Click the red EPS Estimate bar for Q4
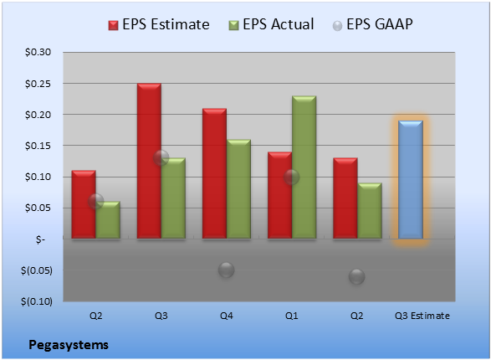click(x=214, y=173)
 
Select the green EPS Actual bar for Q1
click(x=304, y=167)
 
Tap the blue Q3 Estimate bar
click(x=411, y=179)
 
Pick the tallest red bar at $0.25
click(x=149, y=161)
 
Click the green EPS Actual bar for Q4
click(x=238, y=189)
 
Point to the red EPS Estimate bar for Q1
click(x=279, y=195)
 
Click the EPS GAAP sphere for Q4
click(x=226, y=270)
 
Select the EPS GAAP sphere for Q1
click(x=292, y=177)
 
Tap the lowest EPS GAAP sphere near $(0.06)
click(x=356, y=276)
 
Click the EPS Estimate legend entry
click(x=159, y=24)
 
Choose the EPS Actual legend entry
click(x=271, y=24)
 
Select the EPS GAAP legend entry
click(x=372, y=24)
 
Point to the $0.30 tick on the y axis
click(x=38, y=52)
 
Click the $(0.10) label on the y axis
click(x=37, y=301)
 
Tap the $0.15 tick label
click(x=38, y=146)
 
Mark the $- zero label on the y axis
click(x=40, y=239)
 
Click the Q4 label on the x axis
click(x=226, y=316)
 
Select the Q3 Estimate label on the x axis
click(x=422, y=316)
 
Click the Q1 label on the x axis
click(x=292, y=316)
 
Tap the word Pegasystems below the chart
click(x=69, y=345)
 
